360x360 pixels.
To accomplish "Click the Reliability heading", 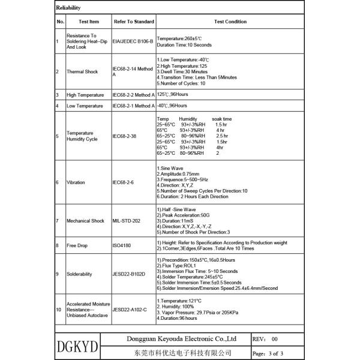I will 67,8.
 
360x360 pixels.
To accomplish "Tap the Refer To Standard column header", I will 133,22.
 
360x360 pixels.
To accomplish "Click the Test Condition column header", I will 230,22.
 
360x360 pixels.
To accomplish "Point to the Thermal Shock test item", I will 82,71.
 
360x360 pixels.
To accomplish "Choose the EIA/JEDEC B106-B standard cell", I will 133,41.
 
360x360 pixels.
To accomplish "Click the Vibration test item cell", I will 76,181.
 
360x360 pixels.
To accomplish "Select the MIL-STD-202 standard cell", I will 126,221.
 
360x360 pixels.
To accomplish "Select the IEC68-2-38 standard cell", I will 125,136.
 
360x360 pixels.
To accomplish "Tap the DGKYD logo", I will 79,347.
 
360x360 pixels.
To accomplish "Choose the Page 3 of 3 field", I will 268,353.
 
